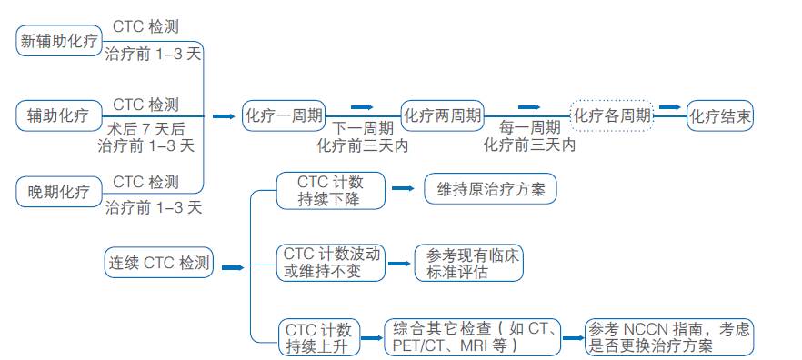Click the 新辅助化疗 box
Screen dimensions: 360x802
(59, 40)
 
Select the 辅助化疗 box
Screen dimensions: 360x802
(59, 115)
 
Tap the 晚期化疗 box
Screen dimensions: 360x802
(59, 191)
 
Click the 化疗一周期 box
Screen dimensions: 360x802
(283, 115)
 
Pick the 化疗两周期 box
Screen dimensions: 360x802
(442, 115)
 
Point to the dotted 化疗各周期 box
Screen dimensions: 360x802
(611, 115)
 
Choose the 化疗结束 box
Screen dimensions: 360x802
(720, 115)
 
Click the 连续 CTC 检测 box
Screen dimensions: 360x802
(158, 264)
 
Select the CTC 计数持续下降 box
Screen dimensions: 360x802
(317, 190)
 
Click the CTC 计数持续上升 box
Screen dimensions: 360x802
(318, 336)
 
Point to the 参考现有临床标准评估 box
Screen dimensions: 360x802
(468, 262)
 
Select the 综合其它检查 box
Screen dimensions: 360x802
(474, 336)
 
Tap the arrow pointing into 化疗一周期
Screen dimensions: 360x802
(224, 116)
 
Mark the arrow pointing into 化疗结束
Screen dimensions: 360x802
(670, 106)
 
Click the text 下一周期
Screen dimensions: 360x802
(362, 128)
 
